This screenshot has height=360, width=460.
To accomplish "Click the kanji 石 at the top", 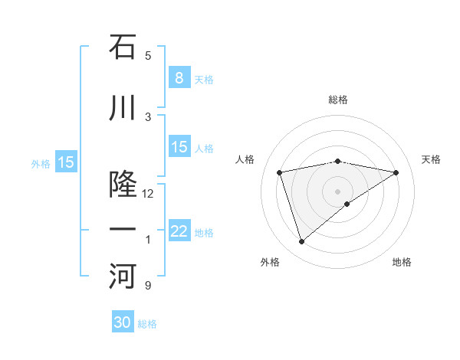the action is [x=123, y=47].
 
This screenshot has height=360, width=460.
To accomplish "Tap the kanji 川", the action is [x=123, y=109].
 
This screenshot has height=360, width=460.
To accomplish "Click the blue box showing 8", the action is [x=179, y=77].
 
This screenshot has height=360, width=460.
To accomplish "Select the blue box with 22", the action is [x=179, y=232].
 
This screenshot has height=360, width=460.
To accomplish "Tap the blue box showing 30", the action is [x=123, y=322].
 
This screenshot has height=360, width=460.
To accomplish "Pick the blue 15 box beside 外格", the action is [x=66, y=162].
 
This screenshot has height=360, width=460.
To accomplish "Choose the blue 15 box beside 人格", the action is [x=179, y=148].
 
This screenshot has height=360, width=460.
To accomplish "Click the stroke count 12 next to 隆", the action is [x=148, y=194].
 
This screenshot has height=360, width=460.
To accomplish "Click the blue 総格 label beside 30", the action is [x=148, y=325].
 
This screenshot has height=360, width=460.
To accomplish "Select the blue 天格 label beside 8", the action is [x=204, y=80].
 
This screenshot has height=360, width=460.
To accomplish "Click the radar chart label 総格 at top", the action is [x=338, y=100].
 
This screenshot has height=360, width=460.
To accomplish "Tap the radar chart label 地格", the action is [x=402, y=262].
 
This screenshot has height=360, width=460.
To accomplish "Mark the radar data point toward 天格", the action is [x=396, y=172].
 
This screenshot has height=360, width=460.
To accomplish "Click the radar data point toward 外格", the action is [x=301, y=242].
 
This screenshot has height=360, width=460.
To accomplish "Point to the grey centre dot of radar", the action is [x=338, y=191].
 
